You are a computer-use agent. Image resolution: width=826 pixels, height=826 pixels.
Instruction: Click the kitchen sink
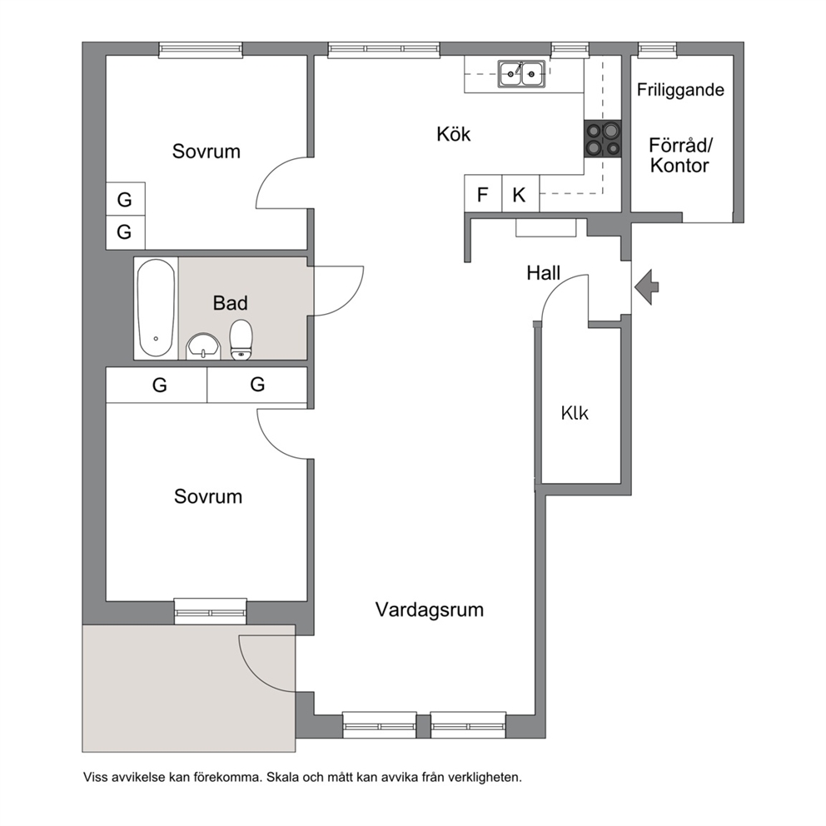click(x=521, y=74)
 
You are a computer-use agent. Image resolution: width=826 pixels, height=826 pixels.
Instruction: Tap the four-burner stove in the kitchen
click(x=603, y=138)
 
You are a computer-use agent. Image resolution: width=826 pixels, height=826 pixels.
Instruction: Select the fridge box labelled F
click(x=483, y=194)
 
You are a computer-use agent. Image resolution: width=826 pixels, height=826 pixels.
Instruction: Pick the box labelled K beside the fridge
click(x=520, y=194)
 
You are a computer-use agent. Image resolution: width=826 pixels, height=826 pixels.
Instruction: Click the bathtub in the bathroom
click(x=156, y=307)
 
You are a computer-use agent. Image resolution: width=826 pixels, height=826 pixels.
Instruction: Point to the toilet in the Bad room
click(x=241, y=340)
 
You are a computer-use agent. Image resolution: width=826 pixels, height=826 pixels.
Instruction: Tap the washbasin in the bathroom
click(x=203, y=346)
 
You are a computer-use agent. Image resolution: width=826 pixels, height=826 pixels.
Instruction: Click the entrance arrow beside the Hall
click(x=646, y=287)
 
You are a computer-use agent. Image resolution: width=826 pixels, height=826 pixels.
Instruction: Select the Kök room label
click(x=453, y=134)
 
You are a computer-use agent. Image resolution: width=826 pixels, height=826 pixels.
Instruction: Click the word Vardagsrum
click(x=430, y=610)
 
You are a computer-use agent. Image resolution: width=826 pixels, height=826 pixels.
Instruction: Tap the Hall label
click(x=543, y=273)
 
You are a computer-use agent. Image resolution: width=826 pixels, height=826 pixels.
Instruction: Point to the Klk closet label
click(x=575, y=412)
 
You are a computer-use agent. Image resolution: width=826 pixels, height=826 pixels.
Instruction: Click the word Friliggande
click(x=680, y=90)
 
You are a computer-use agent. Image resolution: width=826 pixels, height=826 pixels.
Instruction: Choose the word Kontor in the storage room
click(x=679, y=166)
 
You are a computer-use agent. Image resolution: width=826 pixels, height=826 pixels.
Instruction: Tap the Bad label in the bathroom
click(x=230, y=303)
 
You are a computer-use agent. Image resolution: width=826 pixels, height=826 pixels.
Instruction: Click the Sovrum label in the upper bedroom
click(x=206, y=152)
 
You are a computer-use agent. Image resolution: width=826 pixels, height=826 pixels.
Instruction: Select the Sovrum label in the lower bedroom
click(x=208, y=496)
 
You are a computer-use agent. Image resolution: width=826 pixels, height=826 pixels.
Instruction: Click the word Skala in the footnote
click(x=280, y=777)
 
